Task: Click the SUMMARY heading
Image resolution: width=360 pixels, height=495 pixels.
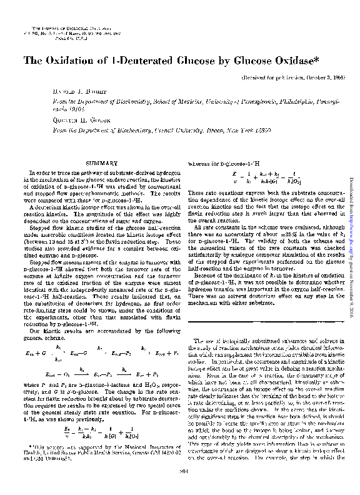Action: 100,163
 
